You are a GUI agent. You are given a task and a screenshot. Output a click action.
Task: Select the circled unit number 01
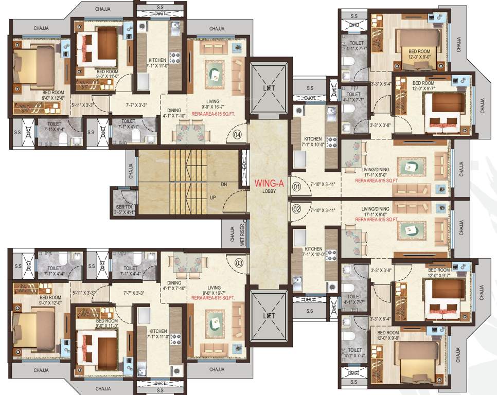[296, 187]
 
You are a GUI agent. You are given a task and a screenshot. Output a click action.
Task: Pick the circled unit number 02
[296, 209]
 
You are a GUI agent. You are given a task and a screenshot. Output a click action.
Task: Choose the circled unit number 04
[237, 135]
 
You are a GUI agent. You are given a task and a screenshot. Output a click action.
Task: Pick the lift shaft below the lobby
[268, 315]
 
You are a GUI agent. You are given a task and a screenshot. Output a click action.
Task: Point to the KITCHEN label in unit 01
[313, 139]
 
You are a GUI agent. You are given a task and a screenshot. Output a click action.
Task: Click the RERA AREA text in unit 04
[213, 115]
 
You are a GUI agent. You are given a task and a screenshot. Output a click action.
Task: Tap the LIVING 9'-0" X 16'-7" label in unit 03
[213, 291]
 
